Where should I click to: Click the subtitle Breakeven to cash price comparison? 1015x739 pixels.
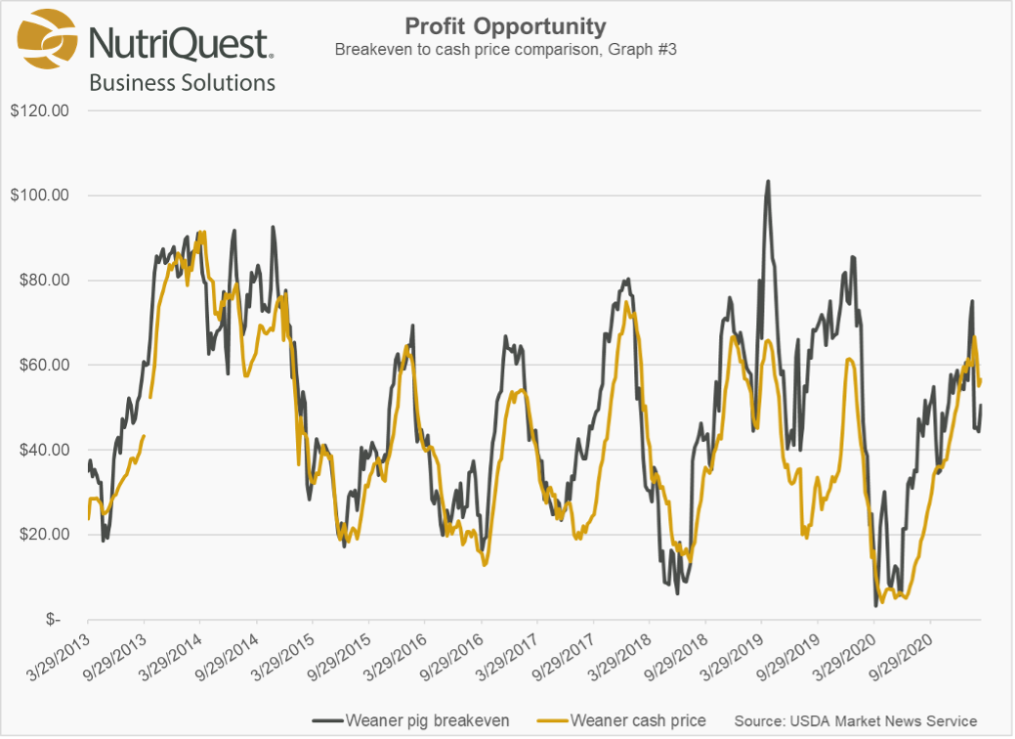point(505,49)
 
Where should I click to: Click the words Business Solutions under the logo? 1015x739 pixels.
point(182,83)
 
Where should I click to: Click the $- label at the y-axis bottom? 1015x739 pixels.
point(59,620)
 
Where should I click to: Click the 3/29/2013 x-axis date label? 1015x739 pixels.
point(62,654)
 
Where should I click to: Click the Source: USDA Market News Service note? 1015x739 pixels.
point(855,720)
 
